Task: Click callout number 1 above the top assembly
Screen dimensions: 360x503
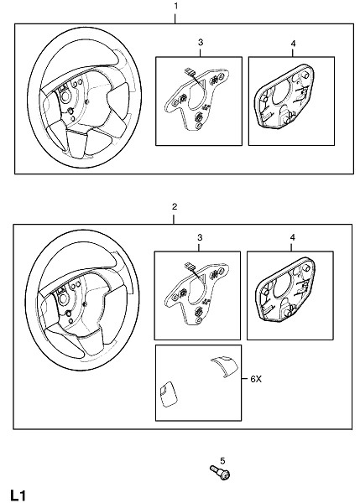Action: [175, 6]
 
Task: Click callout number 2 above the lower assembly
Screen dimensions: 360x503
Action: [175, 206]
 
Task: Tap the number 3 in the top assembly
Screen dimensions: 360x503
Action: [201, 42]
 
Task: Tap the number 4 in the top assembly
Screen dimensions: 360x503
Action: [293, 43]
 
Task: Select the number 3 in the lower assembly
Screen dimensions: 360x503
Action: [200, 237]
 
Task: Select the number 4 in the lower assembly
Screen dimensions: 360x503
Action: [292, 237]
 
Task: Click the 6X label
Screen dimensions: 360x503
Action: [256, 379]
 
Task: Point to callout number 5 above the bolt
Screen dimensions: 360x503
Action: [222, 461]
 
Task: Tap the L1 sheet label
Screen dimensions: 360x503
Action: [18, 495]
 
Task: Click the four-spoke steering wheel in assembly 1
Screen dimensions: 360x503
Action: [85, 97]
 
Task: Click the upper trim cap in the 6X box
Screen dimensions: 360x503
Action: [225, 366]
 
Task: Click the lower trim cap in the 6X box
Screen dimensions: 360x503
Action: [168, 394]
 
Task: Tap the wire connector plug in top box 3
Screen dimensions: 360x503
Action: [187, 71]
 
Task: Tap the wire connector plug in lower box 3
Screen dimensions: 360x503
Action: [187, 266]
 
